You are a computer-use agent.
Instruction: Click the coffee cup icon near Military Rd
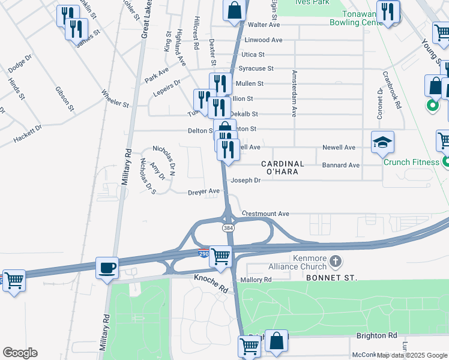tap(107, 268)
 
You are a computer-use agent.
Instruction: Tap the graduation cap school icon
tap(382, 143)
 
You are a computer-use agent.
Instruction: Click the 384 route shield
tap(228, 228)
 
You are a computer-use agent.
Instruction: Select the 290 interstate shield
tap(203, 254)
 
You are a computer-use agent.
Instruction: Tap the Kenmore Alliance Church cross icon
tap(336, 262)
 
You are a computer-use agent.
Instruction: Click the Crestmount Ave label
tap(265, 214)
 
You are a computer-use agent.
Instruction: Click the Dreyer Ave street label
tap(204, 191)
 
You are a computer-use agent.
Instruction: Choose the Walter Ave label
tap(265, 25)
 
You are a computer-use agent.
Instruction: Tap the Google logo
tap(20, 353)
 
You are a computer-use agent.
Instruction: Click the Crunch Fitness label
tap(412, 163)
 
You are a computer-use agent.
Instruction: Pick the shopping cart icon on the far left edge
tap(13, 281)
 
